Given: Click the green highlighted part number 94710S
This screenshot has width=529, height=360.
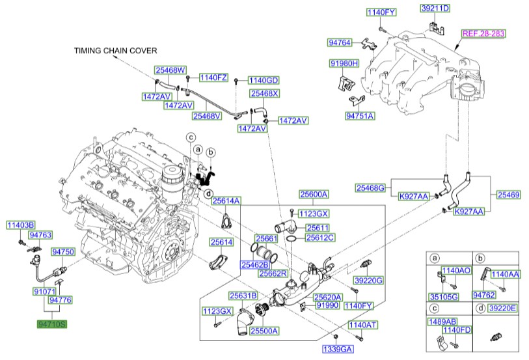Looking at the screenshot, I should coord(51,322).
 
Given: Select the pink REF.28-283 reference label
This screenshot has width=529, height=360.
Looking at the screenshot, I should coord(483,33).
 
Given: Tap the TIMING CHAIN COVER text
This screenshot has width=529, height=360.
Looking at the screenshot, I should coord(115,50).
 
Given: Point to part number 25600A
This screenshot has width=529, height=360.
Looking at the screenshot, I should coord(314,194).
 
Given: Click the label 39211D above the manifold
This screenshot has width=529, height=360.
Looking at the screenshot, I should coord(435,8).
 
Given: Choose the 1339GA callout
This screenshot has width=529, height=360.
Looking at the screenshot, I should coord(337,350).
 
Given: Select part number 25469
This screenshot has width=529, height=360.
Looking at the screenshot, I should coord(509,194).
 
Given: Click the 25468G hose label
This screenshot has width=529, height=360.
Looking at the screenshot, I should coord(370,187).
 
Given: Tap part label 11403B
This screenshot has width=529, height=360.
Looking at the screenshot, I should coord(21,225).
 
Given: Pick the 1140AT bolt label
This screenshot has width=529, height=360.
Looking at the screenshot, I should coord(363,324).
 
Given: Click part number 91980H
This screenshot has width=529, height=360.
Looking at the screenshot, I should coord(344,64).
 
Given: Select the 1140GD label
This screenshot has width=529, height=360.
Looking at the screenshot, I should coord(263,80).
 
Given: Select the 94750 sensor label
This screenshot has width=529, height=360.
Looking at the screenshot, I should coord(63,251).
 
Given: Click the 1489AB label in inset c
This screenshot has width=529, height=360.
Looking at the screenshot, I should coord(442,321).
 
